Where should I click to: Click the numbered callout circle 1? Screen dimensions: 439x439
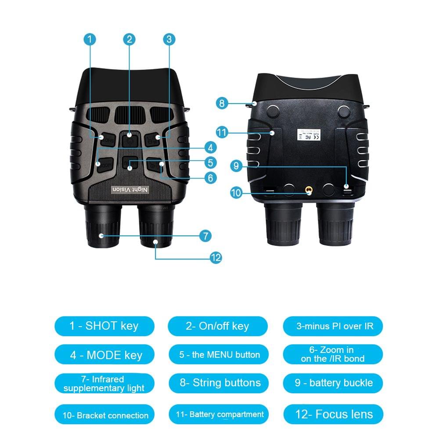[90, 40]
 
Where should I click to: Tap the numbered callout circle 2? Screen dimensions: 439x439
[129, 40]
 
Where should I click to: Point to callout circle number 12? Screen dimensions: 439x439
[215, 258]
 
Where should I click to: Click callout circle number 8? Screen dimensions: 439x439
[222, 104]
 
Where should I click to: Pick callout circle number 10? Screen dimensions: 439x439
[236, 192]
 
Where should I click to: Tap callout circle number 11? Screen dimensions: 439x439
[222, 132]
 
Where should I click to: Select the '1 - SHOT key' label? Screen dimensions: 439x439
[104, 326]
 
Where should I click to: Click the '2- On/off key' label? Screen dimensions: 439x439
[218, 326]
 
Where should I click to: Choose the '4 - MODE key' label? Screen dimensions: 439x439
[104, 355]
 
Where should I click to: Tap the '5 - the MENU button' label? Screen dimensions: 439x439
[218, 355]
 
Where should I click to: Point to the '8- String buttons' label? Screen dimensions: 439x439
[218, 383]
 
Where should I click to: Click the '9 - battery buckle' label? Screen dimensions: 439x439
[333, 383]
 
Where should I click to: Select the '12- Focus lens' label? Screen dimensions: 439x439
[333, 414]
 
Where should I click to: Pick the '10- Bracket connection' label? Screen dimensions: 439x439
[104, 415]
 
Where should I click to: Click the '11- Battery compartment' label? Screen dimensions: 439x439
[218, 414]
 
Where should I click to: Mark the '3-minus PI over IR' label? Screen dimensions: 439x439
[333, 326]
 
